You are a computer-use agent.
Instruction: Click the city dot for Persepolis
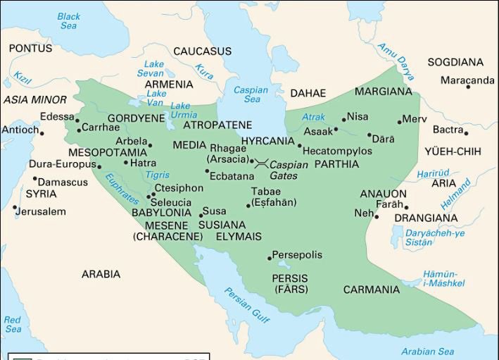[x=270, y=258]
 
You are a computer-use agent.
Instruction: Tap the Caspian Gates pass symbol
[x=260, y=162]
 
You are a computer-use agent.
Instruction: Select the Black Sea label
[x=68, y=21]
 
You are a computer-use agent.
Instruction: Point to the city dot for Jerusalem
[x=15, y=208]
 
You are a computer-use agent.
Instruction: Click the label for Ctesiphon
[x=179, y=188]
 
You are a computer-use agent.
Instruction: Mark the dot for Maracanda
[x=467, y=87]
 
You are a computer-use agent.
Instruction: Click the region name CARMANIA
[x=371, y=290]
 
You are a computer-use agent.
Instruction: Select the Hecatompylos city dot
[x=299, y=147]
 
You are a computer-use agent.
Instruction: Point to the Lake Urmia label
[x=184, y=111]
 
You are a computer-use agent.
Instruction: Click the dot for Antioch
[x=42, y=133]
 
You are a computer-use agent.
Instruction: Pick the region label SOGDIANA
[x=455, y=62]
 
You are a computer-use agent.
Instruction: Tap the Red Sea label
[x=13, y=324]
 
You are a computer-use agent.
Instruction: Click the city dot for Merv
[x=399, y=122]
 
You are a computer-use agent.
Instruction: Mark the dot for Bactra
[x=466, y=132]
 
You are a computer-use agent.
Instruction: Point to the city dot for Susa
[x=201, y=216]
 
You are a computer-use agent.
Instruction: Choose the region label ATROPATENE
[x=217, y=125]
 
